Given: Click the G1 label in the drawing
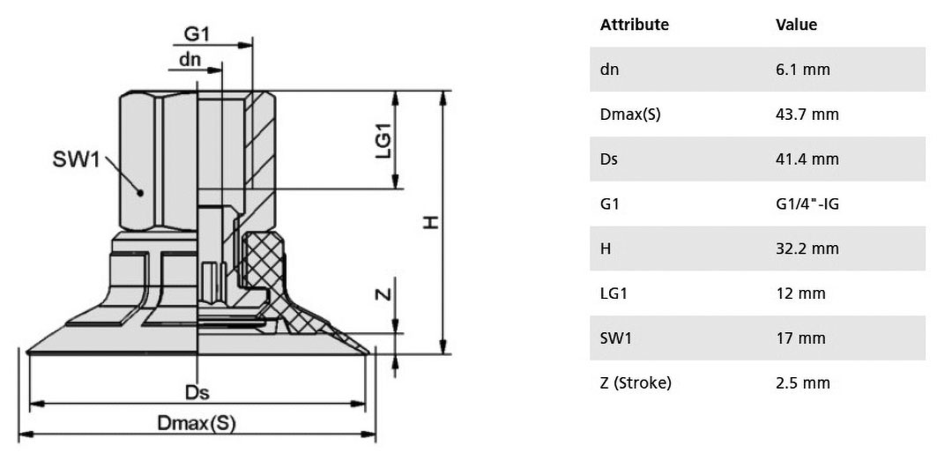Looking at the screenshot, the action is click(197, 34).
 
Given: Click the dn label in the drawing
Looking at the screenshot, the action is click(190, 60).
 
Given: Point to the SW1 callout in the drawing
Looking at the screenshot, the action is click(76, 160).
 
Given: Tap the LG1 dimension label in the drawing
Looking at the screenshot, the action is click(383, 140).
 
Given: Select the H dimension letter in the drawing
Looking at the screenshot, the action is click(431, 222).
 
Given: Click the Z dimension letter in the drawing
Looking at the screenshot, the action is click(385, 293).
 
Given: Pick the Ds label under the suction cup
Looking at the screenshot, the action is click(197, 392).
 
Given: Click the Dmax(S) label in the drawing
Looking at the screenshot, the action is click(197, 423).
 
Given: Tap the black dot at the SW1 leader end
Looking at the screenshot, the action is click(140, 192).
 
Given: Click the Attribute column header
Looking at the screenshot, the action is click(634, 25).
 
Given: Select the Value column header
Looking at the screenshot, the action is click(796, 25).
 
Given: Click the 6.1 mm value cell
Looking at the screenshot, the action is click(802, 70).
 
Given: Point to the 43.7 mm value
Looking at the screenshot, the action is click(807, 114).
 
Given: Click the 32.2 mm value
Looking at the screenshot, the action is click(807, 249).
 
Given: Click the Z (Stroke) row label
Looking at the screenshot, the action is click(636, 383).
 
